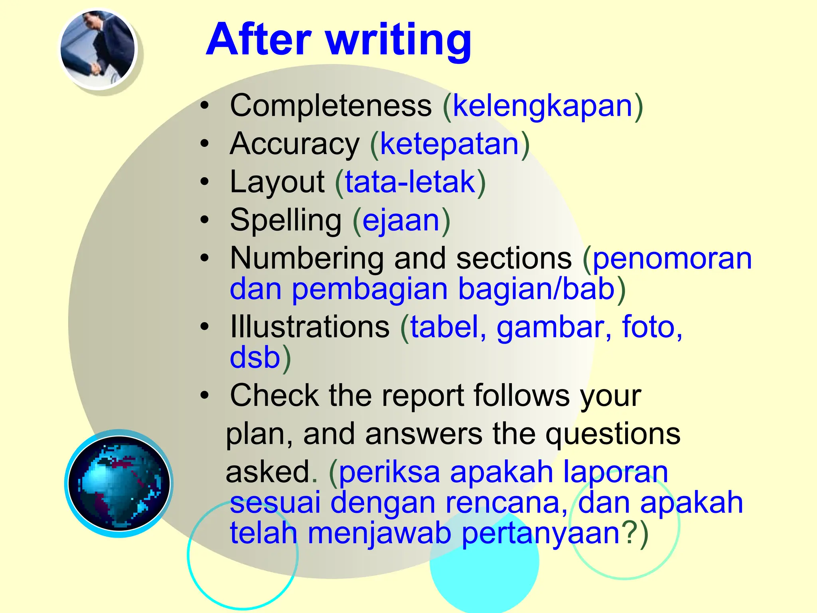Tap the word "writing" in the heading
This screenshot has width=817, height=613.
[399, 41]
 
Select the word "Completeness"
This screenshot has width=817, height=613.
[331, 106]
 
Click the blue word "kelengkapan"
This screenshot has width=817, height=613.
[543, 107]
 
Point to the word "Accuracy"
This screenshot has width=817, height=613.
[295, 144]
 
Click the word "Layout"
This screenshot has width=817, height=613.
[277, 182]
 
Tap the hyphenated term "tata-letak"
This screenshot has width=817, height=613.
[410, 182]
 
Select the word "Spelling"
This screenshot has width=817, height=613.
[286, 220]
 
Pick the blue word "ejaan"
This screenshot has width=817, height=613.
[401, 221]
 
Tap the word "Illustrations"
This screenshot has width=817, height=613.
[310, 327]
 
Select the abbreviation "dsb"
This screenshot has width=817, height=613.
[255, 357]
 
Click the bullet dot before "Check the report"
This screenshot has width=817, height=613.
[205, 395]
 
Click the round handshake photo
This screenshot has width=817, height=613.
[98, 49]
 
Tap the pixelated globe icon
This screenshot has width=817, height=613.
[118, 483]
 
